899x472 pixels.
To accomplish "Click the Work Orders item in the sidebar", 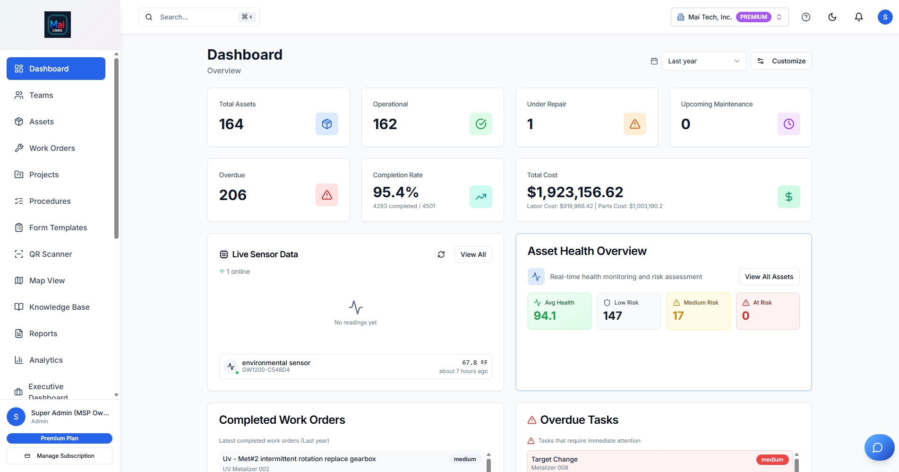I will (x=52, y=148).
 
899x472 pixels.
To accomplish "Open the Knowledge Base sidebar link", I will (x=59, y=307).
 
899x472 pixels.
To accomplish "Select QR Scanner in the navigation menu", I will (x=51, y=254).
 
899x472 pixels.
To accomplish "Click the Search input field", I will (x=198, y=17).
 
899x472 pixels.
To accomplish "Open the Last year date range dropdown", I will (x=703, y=61).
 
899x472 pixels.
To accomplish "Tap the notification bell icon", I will (x=858, y=17).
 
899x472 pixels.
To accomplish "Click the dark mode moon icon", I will (x=832, y=17).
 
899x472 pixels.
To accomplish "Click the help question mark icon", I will (x=805, y=17).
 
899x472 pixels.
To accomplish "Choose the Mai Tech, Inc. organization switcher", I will (x=729, y=17).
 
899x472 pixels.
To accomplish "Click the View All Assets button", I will (x=769, y=277).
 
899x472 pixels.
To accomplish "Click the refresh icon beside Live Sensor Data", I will (x=441, y=254).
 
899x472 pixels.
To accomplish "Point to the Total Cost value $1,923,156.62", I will (x=575, y=192).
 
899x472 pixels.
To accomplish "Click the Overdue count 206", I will (x=233, y=195).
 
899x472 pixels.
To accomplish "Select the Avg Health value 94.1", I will (x=545, y=315).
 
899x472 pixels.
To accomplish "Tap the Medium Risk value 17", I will (x=678, y=315).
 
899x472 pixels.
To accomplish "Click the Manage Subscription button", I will (x=60, y=456).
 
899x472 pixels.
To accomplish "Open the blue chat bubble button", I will (x=878, y=447).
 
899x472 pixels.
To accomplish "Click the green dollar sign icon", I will (x=788, y=197).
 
